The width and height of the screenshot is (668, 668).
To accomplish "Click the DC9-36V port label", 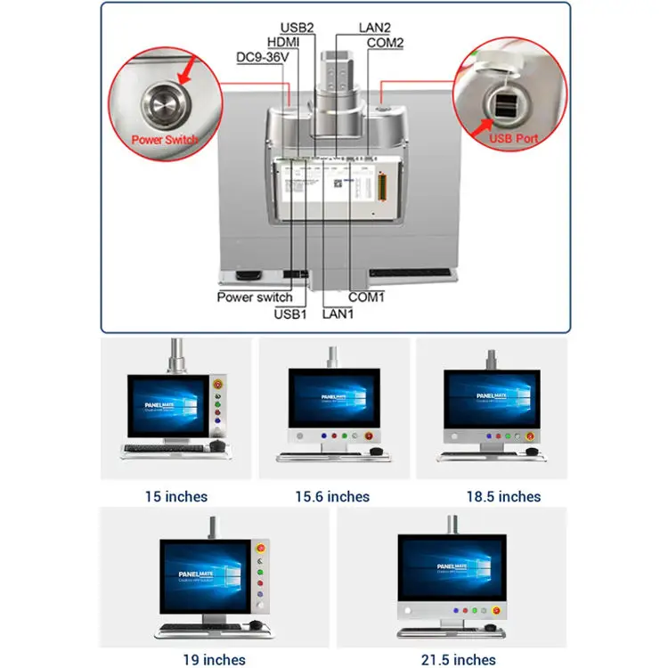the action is coord(263,58).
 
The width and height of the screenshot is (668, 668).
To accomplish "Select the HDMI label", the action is coord(282,42).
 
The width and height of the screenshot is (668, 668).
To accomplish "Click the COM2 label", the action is coord(385,42).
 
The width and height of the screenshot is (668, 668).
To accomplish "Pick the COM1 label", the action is coord(366,297).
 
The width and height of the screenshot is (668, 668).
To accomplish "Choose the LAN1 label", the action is coord(339,313).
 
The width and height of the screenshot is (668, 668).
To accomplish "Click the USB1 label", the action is coord(292,313).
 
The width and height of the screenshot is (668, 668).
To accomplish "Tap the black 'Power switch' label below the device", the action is coord(255,297).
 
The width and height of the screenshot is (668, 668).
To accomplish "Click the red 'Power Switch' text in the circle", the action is coord(166,140).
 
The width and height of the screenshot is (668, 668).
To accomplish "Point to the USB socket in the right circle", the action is coord(501,104).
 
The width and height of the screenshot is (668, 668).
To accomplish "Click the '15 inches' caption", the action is coord(176,496).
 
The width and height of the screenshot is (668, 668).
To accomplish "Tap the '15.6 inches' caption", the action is coord(332,496).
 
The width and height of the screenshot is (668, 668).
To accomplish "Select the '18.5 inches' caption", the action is coord(503,496).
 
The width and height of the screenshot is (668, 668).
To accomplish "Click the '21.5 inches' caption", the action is coord(460,660).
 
